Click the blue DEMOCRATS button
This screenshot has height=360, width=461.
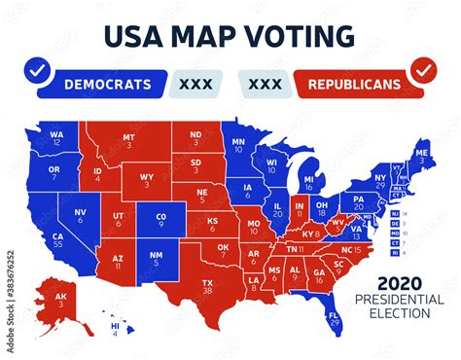(x=108, y=84)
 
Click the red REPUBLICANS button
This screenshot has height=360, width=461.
(x=354, y=84)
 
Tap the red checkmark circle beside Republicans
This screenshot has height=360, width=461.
(x=423, y=71)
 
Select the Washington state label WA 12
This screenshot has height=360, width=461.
(x=57, y=137)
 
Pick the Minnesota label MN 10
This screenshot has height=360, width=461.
(x=239, y=147)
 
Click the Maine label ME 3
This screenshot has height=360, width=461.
(x=420, y=156)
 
